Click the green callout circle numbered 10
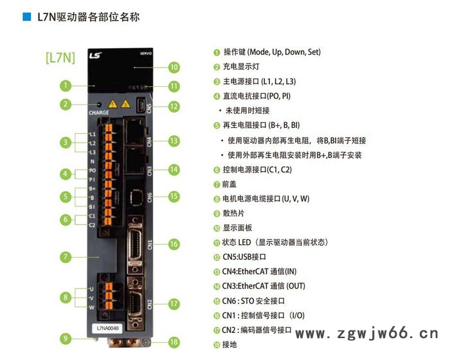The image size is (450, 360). click(173, 66)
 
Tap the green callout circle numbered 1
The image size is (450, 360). click(64, 84)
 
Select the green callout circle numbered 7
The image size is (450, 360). click(64, 256)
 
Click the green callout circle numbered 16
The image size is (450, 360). click(174, 244)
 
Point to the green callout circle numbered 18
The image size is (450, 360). click(173, 342)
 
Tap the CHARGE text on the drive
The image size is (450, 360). click(99, 113)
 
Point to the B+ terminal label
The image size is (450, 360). click(93, 188)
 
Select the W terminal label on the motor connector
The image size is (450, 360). click(92, 307)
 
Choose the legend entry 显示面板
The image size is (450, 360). click(238, 228)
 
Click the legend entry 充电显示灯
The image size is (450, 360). click(242, 66)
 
